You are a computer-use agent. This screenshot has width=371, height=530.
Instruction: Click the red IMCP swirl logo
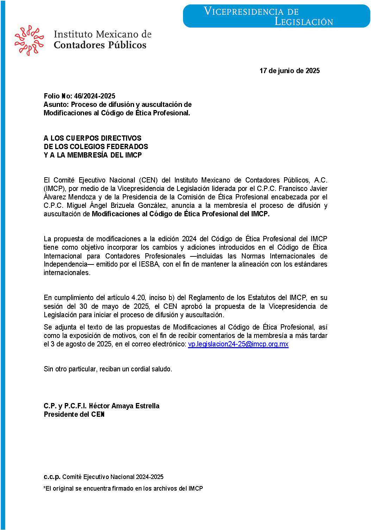pos(29,40)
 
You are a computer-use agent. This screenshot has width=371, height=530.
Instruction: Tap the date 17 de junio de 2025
pos(289,71)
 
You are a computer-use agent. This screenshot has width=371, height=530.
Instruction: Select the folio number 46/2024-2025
pos(95,96)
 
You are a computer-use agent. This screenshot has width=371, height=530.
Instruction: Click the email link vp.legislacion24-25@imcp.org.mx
pos(238,344)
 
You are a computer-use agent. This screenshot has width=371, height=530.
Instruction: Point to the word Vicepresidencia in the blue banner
pos(251,11)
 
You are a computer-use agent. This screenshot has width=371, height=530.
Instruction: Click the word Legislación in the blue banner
pos(303,22)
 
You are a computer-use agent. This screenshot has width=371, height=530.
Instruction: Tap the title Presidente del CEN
pos(74,414)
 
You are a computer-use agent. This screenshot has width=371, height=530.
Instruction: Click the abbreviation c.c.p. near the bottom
pos(52,477)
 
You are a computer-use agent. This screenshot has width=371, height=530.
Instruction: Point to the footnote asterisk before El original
pos(45,488)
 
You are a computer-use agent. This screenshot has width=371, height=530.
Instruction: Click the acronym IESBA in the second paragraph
pos(149,264)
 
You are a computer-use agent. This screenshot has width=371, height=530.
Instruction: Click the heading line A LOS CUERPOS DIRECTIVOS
pos(92,138)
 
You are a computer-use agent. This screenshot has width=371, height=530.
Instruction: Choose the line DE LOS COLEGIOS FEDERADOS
pos(96,147)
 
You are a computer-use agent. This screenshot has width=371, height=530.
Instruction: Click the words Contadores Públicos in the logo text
pos(100,45)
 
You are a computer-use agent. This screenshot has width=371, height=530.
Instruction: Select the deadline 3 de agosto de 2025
pos(81,344)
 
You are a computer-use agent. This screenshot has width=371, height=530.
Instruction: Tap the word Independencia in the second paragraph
pos(65,264)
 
